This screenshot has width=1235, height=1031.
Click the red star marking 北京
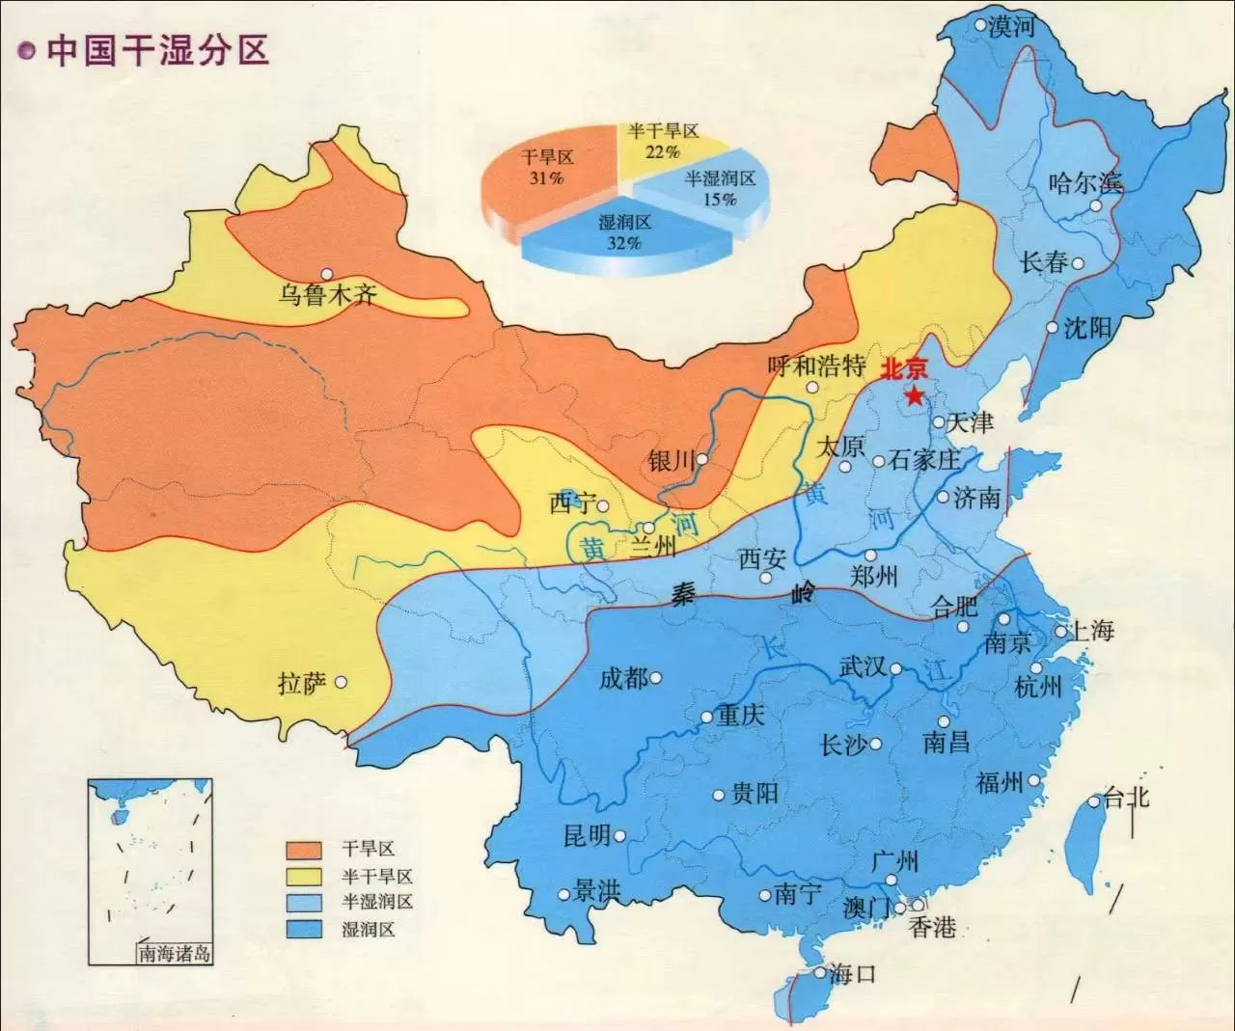(x=913, y=394)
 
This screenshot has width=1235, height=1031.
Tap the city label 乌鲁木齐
(x=327, y=294)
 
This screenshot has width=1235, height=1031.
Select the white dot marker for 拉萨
(x=341, y=682)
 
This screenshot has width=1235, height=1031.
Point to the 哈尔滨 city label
(x=1085, y=182)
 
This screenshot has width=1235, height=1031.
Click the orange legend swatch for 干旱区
(x=304, y=850)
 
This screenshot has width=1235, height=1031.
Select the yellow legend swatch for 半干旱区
(x=304, y=877)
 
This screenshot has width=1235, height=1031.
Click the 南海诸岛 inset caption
(x=175, y=954)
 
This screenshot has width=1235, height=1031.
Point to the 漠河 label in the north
(x=1010, y=27)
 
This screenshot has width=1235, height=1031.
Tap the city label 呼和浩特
(x=816, y=366)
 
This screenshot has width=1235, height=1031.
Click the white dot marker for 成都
(x=656, y=678)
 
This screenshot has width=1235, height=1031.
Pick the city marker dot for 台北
(x=1095, y=801)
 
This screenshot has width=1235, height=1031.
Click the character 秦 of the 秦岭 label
(x=683, y=594)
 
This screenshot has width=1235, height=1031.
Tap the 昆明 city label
(x=587, y=835)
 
